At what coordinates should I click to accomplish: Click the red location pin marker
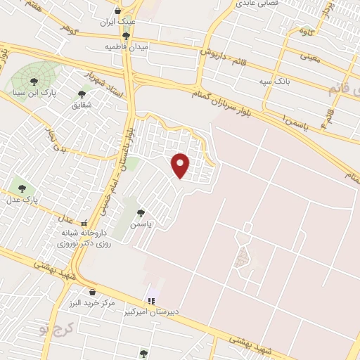click(181, 165)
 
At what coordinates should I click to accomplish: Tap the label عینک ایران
click(117, 22)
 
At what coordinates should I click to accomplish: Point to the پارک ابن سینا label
click(34, 92)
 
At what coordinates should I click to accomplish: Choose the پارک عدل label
click(23, 200)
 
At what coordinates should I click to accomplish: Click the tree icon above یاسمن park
click(141, 212)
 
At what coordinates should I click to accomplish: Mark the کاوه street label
click(306, 31)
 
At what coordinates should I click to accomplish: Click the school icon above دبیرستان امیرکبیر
click(150, 301)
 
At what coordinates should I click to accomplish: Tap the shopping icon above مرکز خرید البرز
click(92, 292)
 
